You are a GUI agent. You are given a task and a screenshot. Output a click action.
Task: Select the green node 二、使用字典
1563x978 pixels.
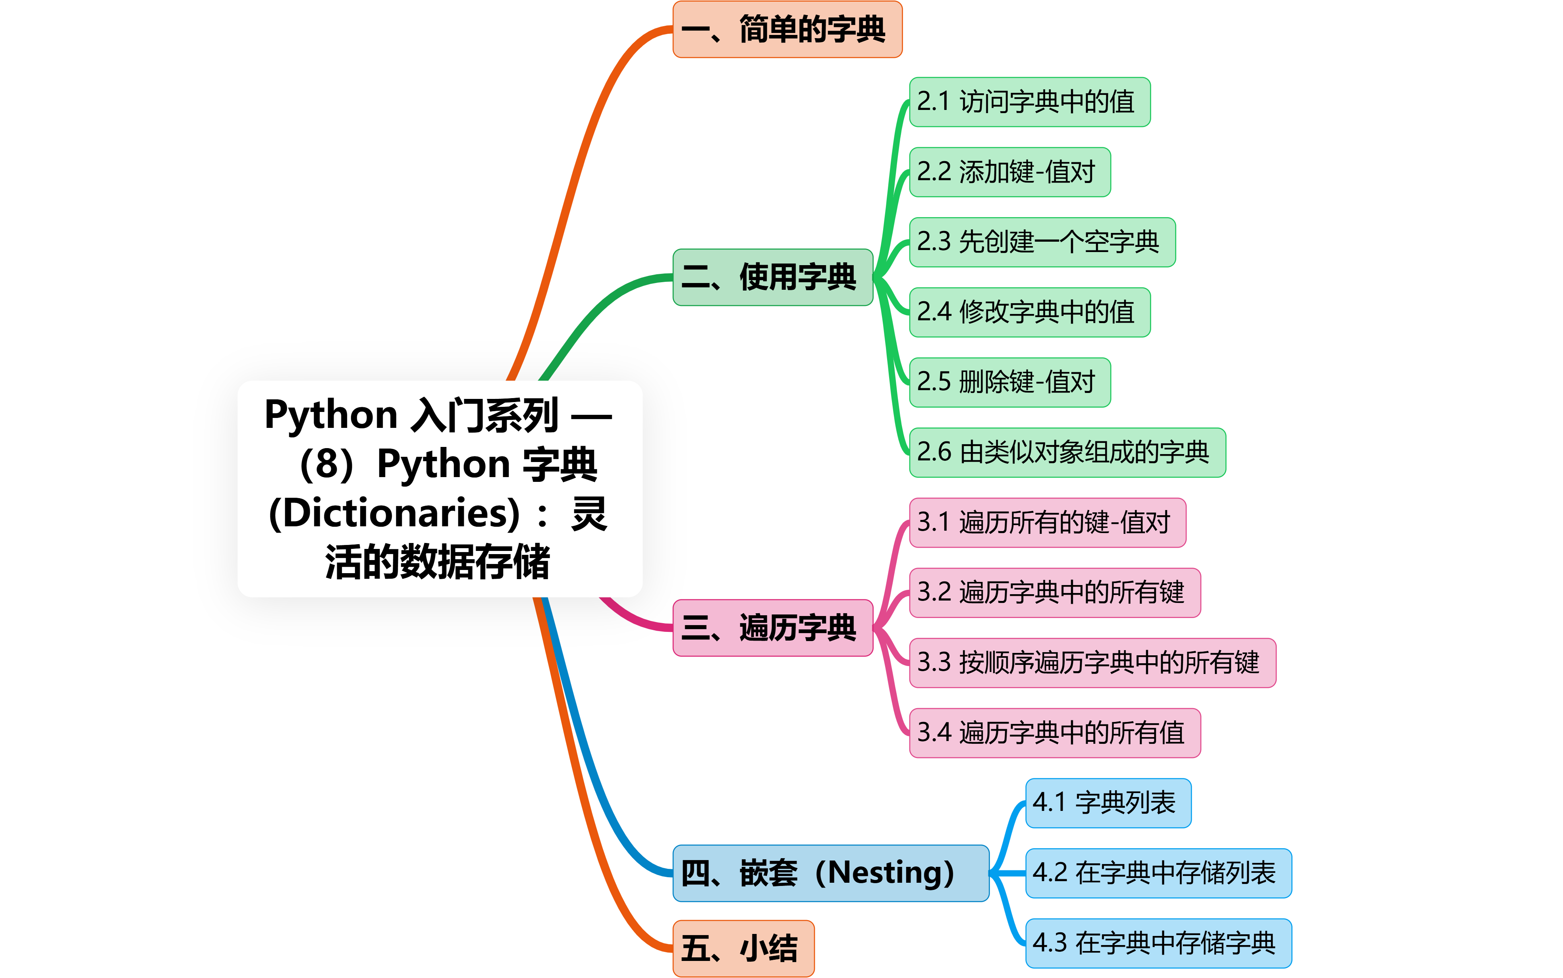[x=772, y=277]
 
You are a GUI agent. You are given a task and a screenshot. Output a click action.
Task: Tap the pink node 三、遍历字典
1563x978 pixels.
[x=772, y=628]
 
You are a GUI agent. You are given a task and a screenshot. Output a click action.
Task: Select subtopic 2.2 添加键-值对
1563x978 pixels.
[x=1009, y=172]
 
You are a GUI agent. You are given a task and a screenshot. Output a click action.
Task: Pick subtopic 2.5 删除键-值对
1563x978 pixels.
[x=1009, y=381]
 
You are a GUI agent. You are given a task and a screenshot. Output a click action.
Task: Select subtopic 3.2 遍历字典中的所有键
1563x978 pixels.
[x=1054, y=593]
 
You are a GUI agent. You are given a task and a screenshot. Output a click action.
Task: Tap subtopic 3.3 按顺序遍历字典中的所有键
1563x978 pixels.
[x=1092, y=662]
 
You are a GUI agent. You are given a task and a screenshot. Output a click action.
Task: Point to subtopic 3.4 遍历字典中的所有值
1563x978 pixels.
[x=1054, y=733]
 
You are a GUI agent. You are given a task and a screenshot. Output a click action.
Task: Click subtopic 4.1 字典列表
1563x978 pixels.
[x=1108, y=803]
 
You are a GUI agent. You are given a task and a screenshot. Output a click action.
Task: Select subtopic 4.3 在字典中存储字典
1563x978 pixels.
[x=1158, y=943]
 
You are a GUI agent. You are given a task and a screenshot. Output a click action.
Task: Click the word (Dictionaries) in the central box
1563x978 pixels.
[x=395, y=513]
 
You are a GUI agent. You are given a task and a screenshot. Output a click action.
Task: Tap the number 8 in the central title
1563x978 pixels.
[x=327, y=464]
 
